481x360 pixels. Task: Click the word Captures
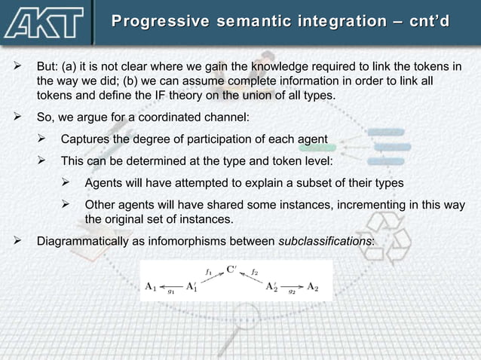85,139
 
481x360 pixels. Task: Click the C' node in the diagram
233,268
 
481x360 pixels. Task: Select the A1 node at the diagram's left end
151,286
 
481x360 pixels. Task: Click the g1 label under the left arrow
172,292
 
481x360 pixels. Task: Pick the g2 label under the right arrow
292,292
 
